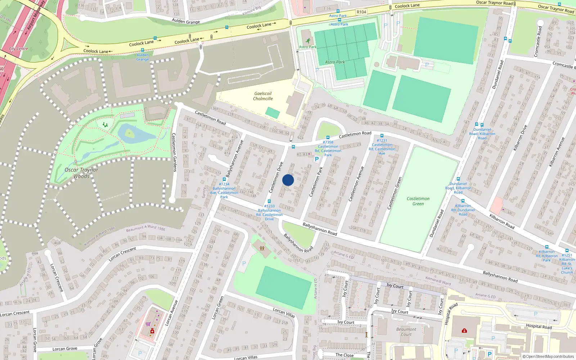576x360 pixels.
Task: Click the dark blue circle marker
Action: click(288, 180)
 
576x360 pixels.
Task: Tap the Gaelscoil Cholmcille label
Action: click(263, 96)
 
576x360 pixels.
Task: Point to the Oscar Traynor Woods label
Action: click(81, 173)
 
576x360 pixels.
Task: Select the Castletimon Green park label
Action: click(418, 201)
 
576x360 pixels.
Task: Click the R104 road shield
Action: click(361, 12)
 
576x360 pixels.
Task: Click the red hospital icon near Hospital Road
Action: click(464, 330)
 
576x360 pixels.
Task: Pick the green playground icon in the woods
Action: click(105, 125)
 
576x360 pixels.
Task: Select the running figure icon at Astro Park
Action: click(308, 41)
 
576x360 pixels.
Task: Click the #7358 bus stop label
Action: click(328, 142)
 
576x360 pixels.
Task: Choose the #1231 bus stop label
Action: click(382, 141)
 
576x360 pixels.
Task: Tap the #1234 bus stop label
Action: click(224, 184)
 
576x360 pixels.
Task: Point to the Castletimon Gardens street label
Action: click(175, 152)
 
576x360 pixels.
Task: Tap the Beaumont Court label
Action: click(406, 332)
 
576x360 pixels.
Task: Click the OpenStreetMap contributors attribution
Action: click(549, 356)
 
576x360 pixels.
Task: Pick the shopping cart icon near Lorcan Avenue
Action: click(148, 324)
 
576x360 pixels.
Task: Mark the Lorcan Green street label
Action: click(218, 308)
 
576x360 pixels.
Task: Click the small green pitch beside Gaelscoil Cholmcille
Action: click(273, 113)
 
